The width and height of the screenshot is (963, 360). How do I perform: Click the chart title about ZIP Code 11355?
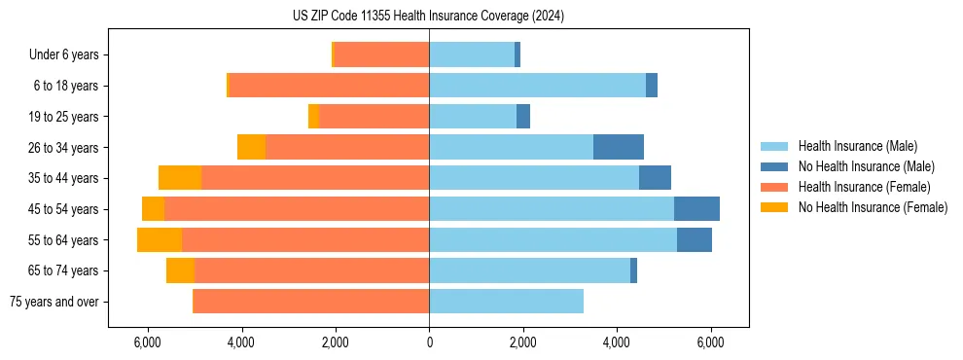tap(428, 17)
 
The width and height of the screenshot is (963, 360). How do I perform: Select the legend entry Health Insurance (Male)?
tap(857, 146)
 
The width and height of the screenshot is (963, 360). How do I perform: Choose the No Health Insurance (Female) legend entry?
tap(873, 207)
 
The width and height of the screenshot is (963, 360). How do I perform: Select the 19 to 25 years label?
tap(66, 117)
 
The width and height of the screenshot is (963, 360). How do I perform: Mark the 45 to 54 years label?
tap(66, 209)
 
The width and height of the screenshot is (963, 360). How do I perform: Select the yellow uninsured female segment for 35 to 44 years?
tap(180, 178)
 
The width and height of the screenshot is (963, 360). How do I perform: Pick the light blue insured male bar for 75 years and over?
tap(506, 302)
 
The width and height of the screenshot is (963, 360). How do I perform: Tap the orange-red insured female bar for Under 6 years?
tap(381, 55)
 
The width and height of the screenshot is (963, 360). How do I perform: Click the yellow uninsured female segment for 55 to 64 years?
tap(160, 239)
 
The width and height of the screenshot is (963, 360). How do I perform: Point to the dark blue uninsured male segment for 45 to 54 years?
tap(696, 209)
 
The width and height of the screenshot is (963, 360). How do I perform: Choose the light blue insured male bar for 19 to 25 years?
tap(473, 117)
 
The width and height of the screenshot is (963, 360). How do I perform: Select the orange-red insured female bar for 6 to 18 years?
tap(329, 86)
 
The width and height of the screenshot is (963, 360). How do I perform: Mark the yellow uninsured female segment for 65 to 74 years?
tap(180, 270)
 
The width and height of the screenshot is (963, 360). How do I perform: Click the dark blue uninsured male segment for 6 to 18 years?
tap(652, 86)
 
